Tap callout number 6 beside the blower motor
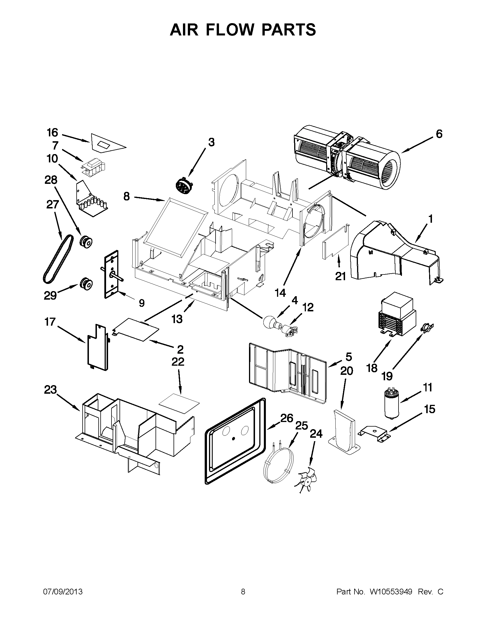pos(439,134)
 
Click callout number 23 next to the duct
pos(51,390)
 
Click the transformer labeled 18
pos(398,318)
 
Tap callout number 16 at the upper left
pos(52,133)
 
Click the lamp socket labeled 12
pos(290,331)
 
